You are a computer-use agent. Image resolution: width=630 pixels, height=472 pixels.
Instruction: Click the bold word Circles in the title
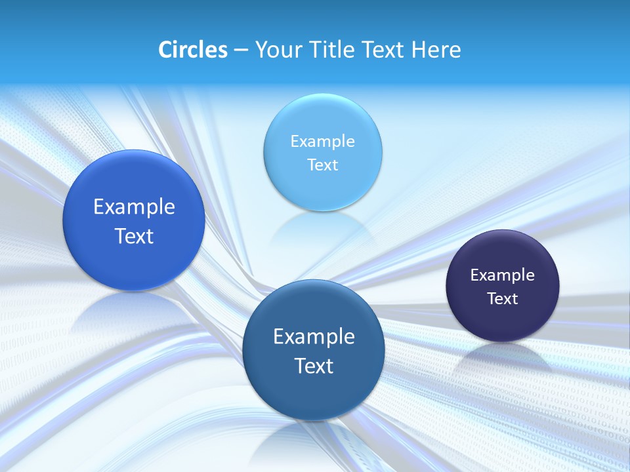193,50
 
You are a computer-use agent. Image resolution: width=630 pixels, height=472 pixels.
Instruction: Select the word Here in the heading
436,50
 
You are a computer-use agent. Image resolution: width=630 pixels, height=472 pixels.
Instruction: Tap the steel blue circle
314,393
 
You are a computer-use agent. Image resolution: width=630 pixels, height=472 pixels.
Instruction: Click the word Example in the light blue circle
323,141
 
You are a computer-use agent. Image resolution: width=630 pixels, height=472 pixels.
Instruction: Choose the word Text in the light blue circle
323,165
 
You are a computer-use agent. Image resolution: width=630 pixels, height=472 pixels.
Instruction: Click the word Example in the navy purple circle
503,275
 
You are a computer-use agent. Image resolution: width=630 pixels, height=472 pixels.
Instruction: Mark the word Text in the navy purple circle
503,298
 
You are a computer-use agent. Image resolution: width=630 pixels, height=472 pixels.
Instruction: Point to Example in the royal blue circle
134,206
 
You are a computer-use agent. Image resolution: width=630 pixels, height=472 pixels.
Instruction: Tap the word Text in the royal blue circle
134,236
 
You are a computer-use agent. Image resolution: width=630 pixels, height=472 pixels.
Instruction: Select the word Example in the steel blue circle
314,336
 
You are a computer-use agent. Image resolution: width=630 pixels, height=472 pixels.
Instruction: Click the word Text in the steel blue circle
314,366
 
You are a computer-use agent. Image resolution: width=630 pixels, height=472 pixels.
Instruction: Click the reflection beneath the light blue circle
322,229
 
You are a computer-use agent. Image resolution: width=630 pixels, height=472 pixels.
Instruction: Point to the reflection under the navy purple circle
503,357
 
